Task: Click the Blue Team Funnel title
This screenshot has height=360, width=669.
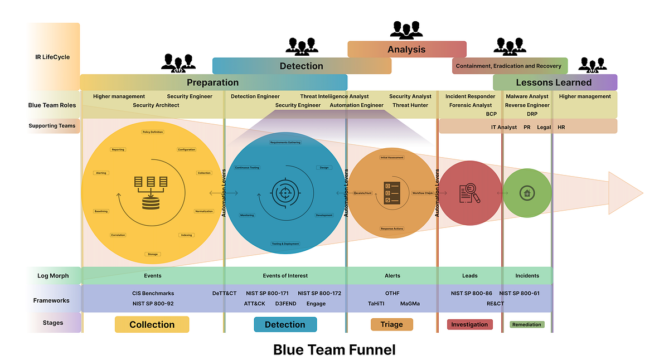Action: point(334,349)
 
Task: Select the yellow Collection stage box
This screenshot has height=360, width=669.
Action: point(152,324)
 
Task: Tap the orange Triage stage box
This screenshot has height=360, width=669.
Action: point(391,324)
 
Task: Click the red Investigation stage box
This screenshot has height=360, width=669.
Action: point(469,324)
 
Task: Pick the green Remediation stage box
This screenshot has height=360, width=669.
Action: point(527,324)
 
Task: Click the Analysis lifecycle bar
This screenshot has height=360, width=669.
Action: point(406,49)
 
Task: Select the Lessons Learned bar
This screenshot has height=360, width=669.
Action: point(554,82)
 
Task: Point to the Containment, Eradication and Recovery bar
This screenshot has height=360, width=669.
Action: point(509,66)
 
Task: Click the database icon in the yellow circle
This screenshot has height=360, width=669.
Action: point(151,193)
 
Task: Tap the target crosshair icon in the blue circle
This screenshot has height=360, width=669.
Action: point(284,193)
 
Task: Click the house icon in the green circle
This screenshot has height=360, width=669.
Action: point(526,193)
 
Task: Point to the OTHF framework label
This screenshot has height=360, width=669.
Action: point(392,293)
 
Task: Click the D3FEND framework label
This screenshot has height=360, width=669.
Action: point(285,304)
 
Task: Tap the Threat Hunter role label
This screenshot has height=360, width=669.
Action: point(410,105)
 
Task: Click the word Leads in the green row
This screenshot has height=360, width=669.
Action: point(469,275)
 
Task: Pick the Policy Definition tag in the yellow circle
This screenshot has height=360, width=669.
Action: point(153,132)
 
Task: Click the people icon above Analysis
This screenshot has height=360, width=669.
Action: point(406,30)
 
